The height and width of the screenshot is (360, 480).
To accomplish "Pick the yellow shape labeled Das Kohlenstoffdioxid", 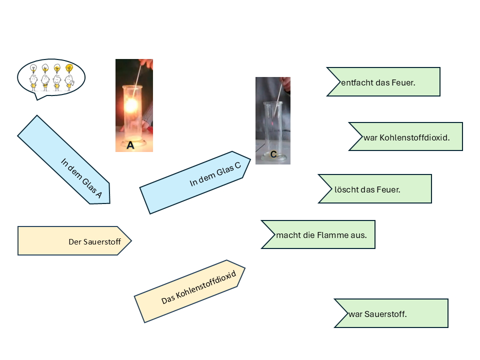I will [190, 291].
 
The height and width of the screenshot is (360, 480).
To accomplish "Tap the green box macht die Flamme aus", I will [320, 234].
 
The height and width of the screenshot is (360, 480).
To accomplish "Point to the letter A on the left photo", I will [130, 145].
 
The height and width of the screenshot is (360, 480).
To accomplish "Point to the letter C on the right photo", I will [273, 154].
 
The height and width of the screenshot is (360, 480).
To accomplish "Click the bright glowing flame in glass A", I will [131, 105].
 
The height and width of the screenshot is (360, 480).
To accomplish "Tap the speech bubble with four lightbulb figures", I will [51, 77].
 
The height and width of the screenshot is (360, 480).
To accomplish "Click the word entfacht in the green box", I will [356, 82].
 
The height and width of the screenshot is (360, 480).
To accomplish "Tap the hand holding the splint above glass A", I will [146, 63].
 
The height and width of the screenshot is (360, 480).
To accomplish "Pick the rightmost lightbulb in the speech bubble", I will [69, 67].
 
